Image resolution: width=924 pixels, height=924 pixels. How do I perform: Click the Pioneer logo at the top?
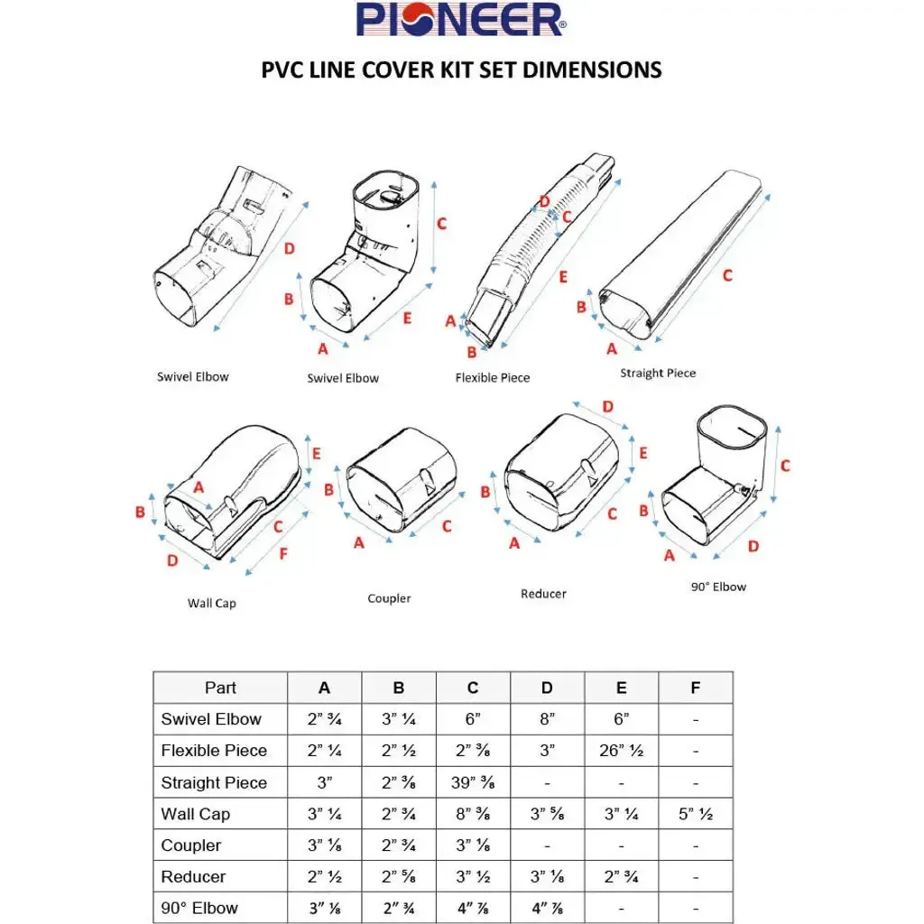coord(461,20)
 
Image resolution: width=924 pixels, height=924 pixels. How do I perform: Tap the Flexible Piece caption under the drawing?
coord(492,377)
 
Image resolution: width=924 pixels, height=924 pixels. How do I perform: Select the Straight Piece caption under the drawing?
coord(658,373)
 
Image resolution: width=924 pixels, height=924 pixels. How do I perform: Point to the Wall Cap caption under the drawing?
coord(212,603)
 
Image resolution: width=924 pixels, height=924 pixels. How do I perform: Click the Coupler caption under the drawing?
coord(389,598)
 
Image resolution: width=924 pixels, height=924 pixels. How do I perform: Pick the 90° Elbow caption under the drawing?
coord(718,587)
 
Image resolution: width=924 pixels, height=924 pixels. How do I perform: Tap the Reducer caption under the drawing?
coord(543,594)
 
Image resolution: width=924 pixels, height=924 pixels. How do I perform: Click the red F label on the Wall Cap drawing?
coord(282,553)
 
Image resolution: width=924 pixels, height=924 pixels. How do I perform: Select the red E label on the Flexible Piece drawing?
coord(563,277)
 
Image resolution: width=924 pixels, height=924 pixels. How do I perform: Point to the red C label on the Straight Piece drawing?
coord(727,276)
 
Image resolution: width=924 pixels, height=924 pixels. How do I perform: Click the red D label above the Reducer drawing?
coord(607,407)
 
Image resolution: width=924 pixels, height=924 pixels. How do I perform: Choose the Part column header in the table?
coord(220,688)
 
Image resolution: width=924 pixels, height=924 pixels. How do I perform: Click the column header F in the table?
coord(695,688)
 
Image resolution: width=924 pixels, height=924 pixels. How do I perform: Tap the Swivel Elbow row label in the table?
coord(211,719)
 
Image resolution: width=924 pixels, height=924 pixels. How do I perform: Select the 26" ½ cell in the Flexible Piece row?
coord(621,751)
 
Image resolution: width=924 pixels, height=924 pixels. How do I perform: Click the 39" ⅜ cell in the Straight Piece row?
coord(473,782)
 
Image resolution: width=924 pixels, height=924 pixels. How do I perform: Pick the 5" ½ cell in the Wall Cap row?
coord(695,814)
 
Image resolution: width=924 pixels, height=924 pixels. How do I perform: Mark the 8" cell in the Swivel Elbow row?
coord(547,719)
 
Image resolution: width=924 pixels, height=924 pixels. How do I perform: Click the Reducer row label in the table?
coord(193,876)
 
